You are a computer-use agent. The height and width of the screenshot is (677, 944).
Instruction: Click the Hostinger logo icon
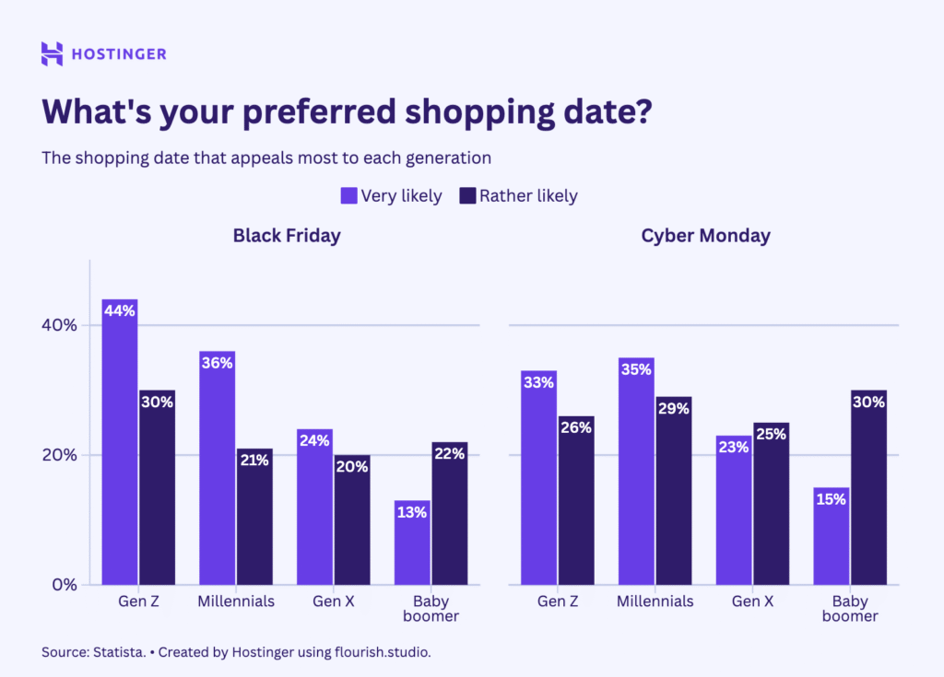[x=53, y=53]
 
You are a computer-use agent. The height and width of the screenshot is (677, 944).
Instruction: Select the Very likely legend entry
[x=391, y=195]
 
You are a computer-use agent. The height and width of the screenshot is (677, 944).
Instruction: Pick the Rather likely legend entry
[x=518, y=195]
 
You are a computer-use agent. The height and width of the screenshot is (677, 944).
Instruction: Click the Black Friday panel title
[x=287, y=236]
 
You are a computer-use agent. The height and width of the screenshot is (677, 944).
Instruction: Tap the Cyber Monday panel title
[x=705, y=236]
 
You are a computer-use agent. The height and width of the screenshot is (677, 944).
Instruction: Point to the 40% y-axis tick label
[x=59, y=325]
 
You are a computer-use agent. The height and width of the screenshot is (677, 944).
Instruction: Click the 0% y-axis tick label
[x=64, y=584]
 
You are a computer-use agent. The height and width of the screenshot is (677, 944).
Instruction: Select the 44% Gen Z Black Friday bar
[x=120, y=442]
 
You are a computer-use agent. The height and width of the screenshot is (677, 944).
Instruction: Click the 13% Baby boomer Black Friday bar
[x=412, y=543]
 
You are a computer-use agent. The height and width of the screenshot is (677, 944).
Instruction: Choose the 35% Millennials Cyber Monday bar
[x=636, y=471]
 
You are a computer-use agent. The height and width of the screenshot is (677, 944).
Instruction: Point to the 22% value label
[x=449, y=453]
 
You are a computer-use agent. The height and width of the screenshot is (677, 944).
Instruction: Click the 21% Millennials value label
[x=254, y=460]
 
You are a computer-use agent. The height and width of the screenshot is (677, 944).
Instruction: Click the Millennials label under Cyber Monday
[x=655, y=601]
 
